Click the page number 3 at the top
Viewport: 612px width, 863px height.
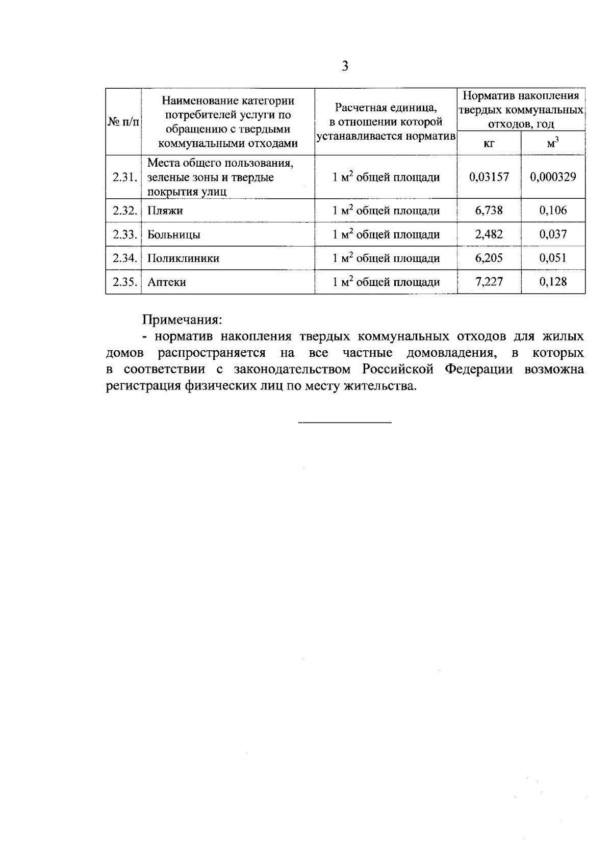coord(345,66)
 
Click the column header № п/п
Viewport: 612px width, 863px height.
coord(123,122)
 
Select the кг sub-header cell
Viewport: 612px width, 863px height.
coord(489,144)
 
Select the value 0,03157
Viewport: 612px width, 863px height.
coord(489,177)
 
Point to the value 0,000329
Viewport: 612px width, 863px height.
coord(553,177)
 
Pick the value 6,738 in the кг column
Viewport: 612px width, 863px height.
coord(489,211)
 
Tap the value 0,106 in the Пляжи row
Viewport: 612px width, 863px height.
coord(553,211)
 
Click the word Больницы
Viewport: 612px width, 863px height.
coord(173,235)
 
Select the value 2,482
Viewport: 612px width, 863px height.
coord(489,234)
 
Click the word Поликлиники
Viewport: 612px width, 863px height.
coord(183,258)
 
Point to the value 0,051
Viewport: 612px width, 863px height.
coord(553,258)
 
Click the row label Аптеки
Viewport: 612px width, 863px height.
coord(166,282)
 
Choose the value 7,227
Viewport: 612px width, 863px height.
coord(489,282)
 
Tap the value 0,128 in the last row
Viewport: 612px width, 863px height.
coord(553,282)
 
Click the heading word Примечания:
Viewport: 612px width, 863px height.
coord(182,320)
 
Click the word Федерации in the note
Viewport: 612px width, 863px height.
coord(479,370)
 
